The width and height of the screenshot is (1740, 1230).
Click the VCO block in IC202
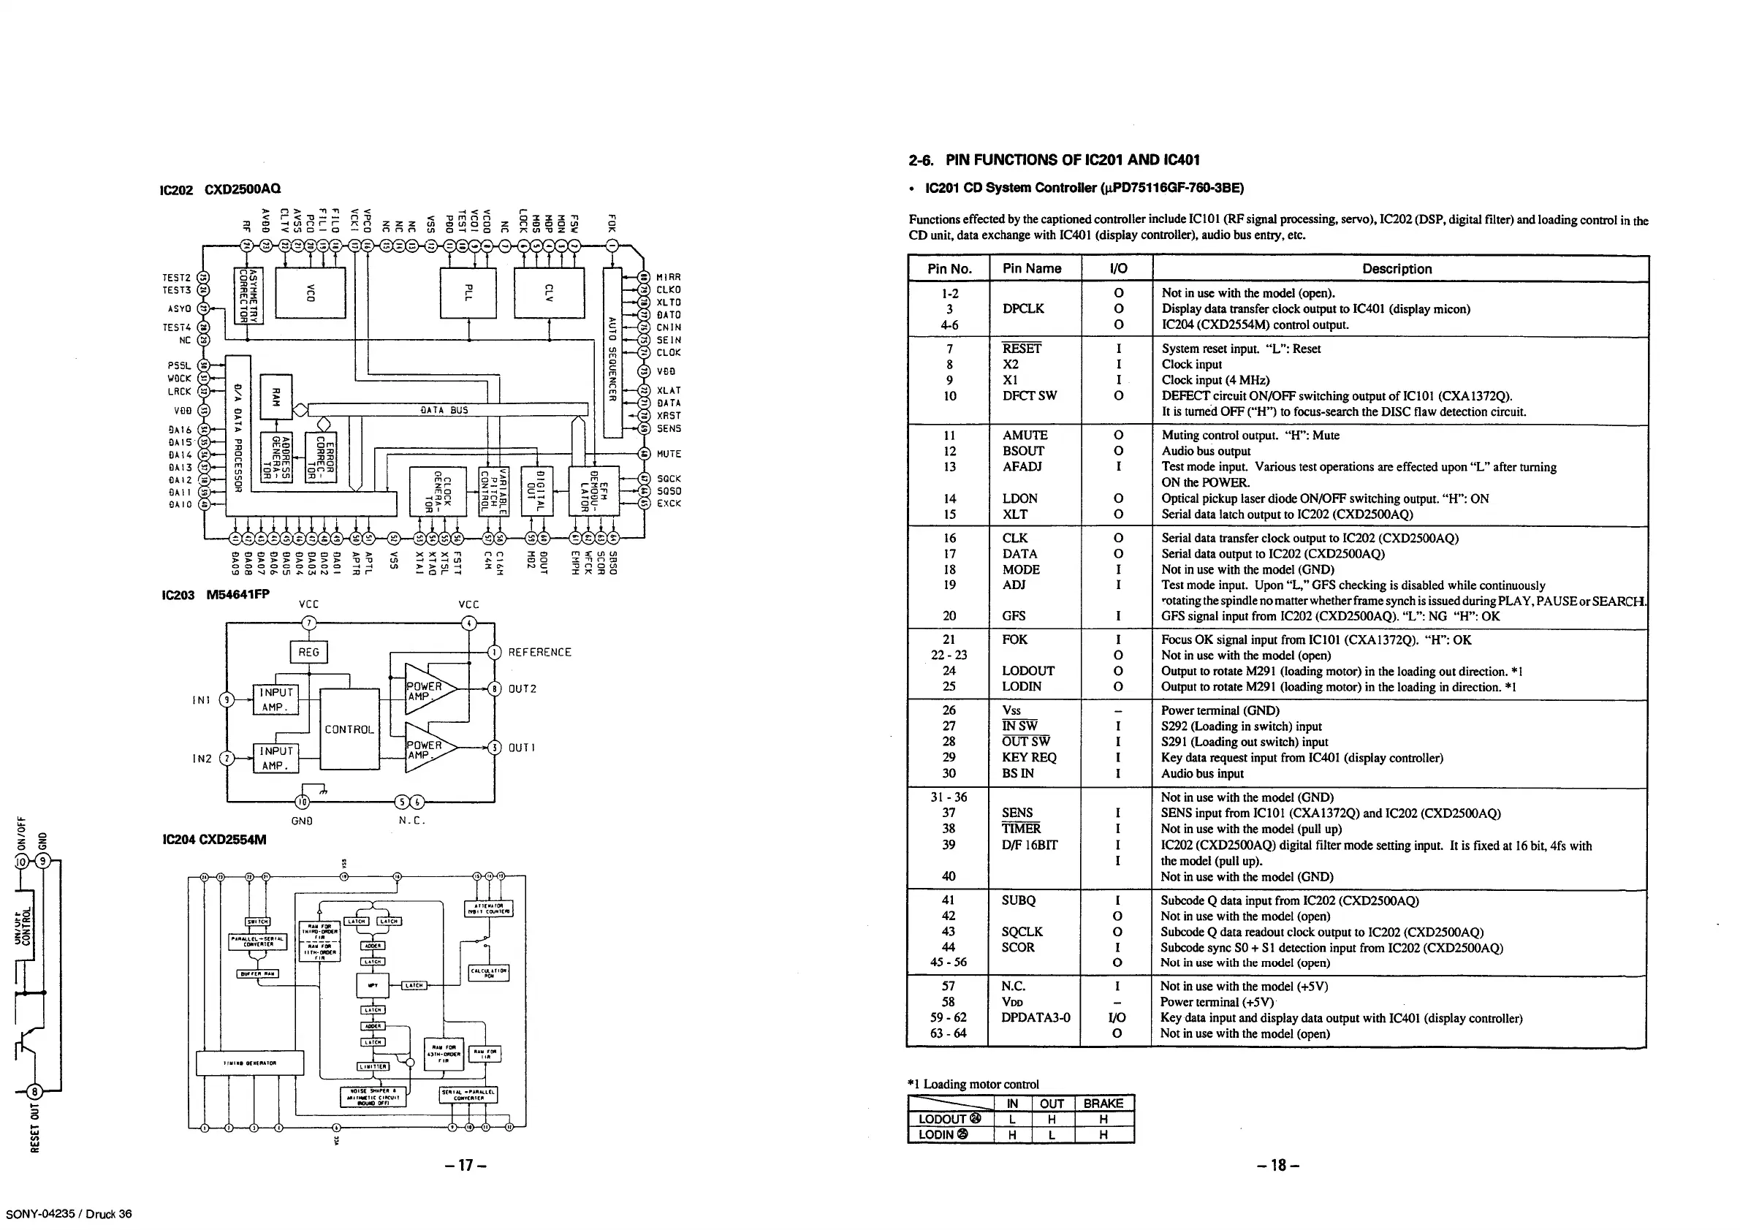click(x=310, y=293)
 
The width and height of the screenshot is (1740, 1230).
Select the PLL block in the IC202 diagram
click(x=468, y=292)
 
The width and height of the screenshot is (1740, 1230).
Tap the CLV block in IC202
click(x=550, y=292)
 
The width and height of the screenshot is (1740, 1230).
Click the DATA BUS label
click(x=444, y=410)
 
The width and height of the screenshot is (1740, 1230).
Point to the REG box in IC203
click(x=308, y=652)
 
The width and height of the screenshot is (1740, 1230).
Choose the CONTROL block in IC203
click(x=349, y=729)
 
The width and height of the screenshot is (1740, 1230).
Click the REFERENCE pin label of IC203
click(x=539, y=652)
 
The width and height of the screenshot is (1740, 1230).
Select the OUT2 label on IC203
click(x=523, y=688)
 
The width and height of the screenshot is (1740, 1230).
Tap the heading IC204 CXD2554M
click(x=214, y=840)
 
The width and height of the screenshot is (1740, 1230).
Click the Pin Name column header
click(x=1031, y=268)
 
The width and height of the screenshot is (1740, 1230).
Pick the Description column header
click(x=1397, y=268)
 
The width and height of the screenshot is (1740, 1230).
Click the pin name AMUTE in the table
click(x=1025, y=435)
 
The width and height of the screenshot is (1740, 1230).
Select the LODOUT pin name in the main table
click(x=1027, y=671)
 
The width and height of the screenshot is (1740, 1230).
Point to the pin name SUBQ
click(x=1018, y=900)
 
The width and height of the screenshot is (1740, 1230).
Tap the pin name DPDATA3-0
click(x=1036, y=1018)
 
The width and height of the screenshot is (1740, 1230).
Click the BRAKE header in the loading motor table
click(x=1103, y=1104)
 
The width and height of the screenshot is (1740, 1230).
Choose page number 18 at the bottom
click(x=1278, y=1166)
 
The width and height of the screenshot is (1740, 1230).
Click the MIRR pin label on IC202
click(x=669, y=278)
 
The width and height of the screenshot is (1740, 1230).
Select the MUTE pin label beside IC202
click(x=669, y=454)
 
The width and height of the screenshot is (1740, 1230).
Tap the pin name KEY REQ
click(x=1028, y=757)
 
